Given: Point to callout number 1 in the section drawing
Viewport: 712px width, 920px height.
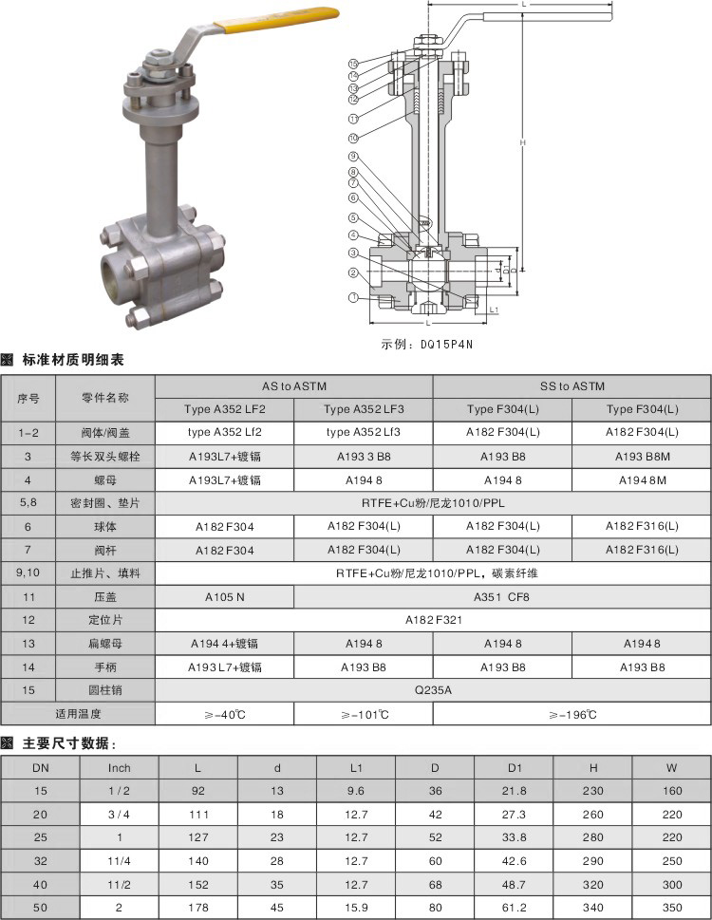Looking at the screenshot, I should click(x=353, y=297).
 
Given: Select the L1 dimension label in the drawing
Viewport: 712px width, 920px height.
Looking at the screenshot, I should click(x=495, y=310).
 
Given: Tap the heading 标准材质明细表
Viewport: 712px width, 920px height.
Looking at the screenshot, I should click(x=73, y=360).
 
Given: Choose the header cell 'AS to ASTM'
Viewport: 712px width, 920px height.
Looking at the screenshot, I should click(x=293, y=386).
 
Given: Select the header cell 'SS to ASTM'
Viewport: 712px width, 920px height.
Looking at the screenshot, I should click(x=571, y=386).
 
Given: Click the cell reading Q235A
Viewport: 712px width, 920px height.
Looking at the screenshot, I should click(x=432, y=690).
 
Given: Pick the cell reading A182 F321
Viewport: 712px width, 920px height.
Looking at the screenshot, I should click(x=432, y=619).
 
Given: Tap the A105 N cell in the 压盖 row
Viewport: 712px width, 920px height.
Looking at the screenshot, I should click(x=225, y=597).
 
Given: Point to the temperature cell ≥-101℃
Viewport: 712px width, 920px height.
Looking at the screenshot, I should click(x=364, y=714).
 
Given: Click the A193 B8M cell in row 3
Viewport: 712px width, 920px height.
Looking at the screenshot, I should click(x=641, y=456).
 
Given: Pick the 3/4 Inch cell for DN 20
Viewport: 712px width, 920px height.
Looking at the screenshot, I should click(x=120, y=814).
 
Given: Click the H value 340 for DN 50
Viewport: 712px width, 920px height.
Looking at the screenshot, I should click(x=593, y=908).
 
